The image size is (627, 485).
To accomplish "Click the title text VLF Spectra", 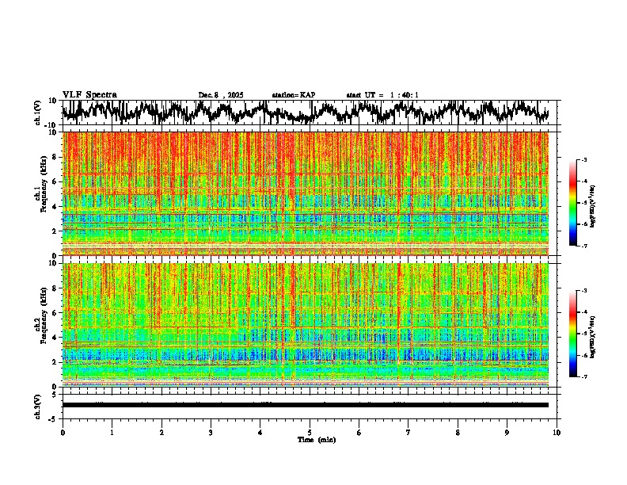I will [x=89, y=94].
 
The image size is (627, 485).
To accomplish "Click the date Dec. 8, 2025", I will [x=221, y=95].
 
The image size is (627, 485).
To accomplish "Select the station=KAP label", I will [x=293, y=95].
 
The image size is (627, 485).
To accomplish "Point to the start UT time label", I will [x=382, y=95].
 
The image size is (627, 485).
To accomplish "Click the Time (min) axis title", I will [x=316, y=439].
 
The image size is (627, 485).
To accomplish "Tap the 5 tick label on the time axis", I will [x=310, y=432].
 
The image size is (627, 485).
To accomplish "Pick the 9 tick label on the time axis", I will [x=507, y=432].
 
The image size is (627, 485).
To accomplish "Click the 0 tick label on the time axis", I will [x=63, y=432].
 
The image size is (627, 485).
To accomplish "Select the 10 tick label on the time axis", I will [x=557, y=432].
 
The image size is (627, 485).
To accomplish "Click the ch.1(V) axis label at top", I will [x=37, y=113].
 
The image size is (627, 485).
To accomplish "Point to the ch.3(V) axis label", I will [x=37, y=404].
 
